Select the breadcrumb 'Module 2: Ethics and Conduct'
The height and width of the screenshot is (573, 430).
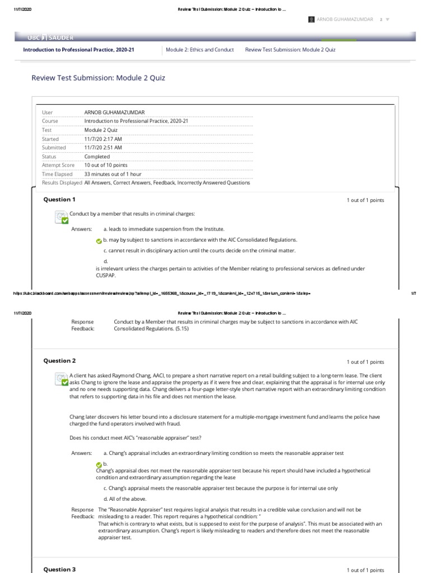pos(200,50)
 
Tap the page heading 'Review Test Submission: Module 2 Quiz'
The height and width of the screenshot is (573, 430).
pos(99,78)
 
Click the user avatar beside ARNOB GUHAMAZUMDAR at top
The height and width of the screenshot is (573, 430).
pos(312,19)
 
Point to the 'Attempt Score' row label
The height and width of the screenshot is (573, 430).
pos(58,165)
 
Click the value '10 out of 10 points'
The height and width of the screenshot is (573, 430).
pos(106,165)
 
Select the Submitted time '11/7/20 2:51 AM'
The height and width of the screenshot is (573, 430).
pos(103,148)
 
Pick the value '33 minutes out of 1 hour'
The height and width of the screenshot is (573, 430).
pos(113,174)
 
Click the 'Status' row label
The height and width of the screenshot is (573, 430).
pos(49,157)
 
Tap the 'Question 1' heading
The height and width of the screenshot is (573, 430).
pos(59,200)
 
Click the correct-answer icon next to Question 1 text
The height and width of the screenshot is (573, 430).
pos(61,217)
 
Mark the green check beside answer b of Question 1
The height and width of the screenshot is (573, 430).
pos(99,241)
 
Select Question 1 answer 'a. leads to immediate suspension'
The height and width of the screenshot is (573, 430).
pos(156,229)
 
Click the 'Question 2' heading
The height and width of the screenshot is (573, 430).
pos(59,361)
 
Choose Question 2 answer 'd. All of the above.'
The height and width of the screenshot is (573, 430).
pos(125,499)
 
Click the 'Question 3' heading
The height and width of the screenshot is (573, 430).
pos(59,569)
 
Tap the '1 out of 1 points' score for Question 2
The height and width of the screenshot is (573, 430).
pos(365,362)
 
